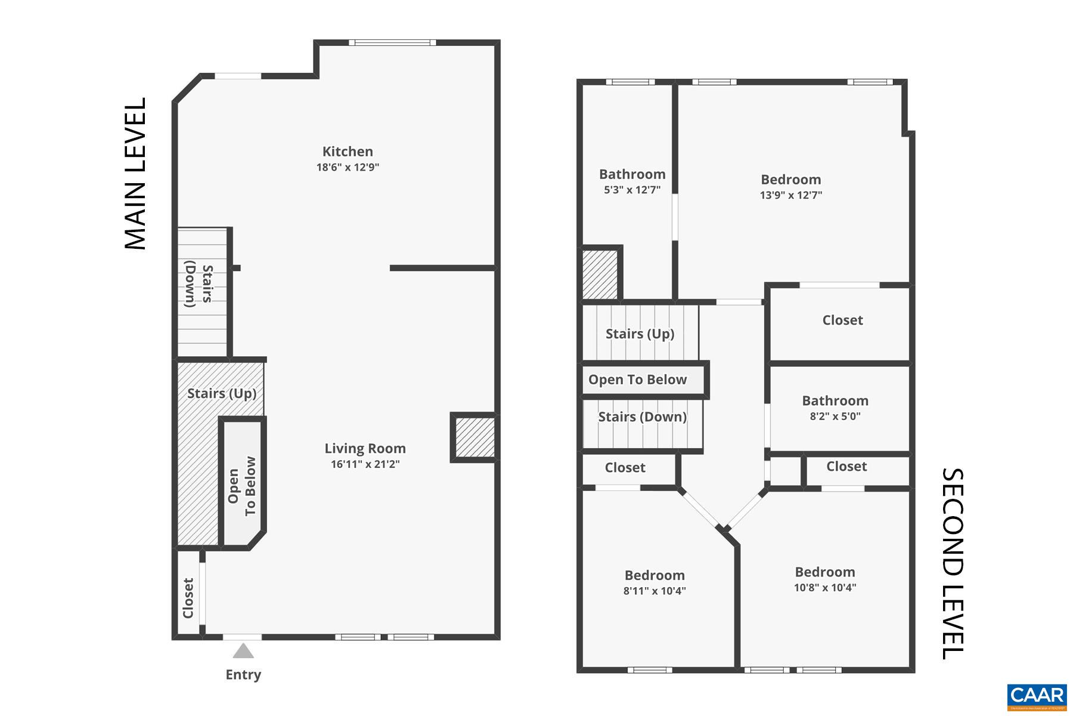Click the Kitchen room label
[x=348, y=152]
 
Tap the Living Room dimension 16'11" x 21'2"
[x=365, y=464]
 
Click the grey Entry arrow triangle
[x=243, y=651]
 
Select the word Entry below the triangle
[x=243, y=674]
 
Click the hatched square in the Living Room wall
[x=475, y=437]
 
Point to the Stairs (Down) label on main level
[x=199, y=286]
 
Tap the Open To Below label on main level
[x=241, y=486]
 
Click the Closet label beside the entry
[x=188, y=598]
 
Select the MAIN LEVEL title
[x=135, y=174]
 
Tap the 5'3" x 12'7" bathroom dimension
[x=632, y=190]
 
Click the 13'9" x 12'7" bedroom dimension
[x=790, y=195]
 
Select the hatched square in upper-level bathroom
[x=600, y=274]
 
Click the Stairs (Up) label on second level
[x=640, y=334]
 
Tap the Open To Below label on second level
[x=637, y=379]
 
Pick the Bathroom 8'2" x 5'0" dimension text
[x=835, y=416]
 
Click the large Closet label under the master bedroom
[x=842, y=320]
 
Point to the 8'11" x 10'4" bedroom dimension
[x=655, y=591]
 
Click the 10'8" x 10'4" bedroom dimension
[x=824, y=588]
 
